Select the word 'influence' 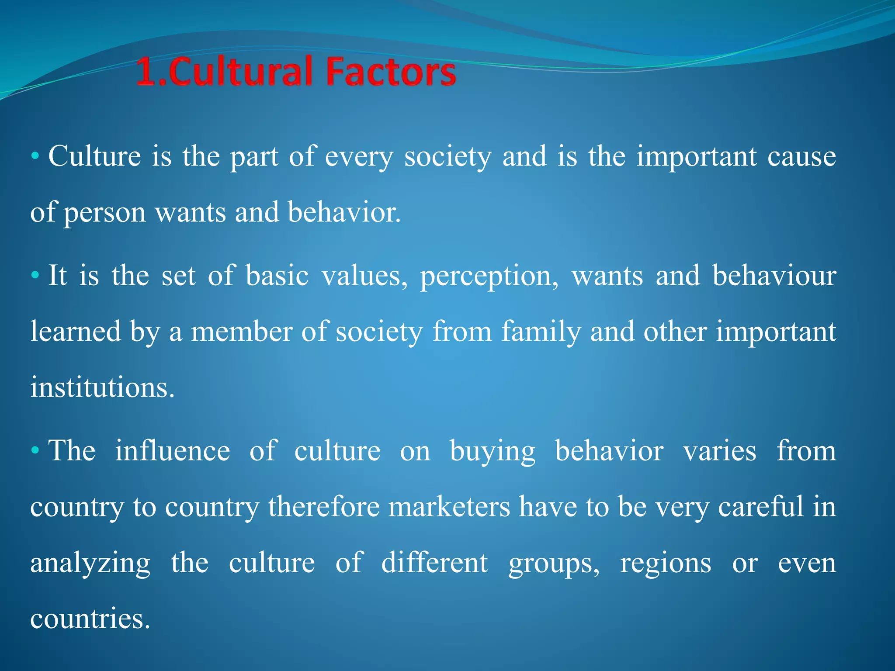point(172,451)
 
